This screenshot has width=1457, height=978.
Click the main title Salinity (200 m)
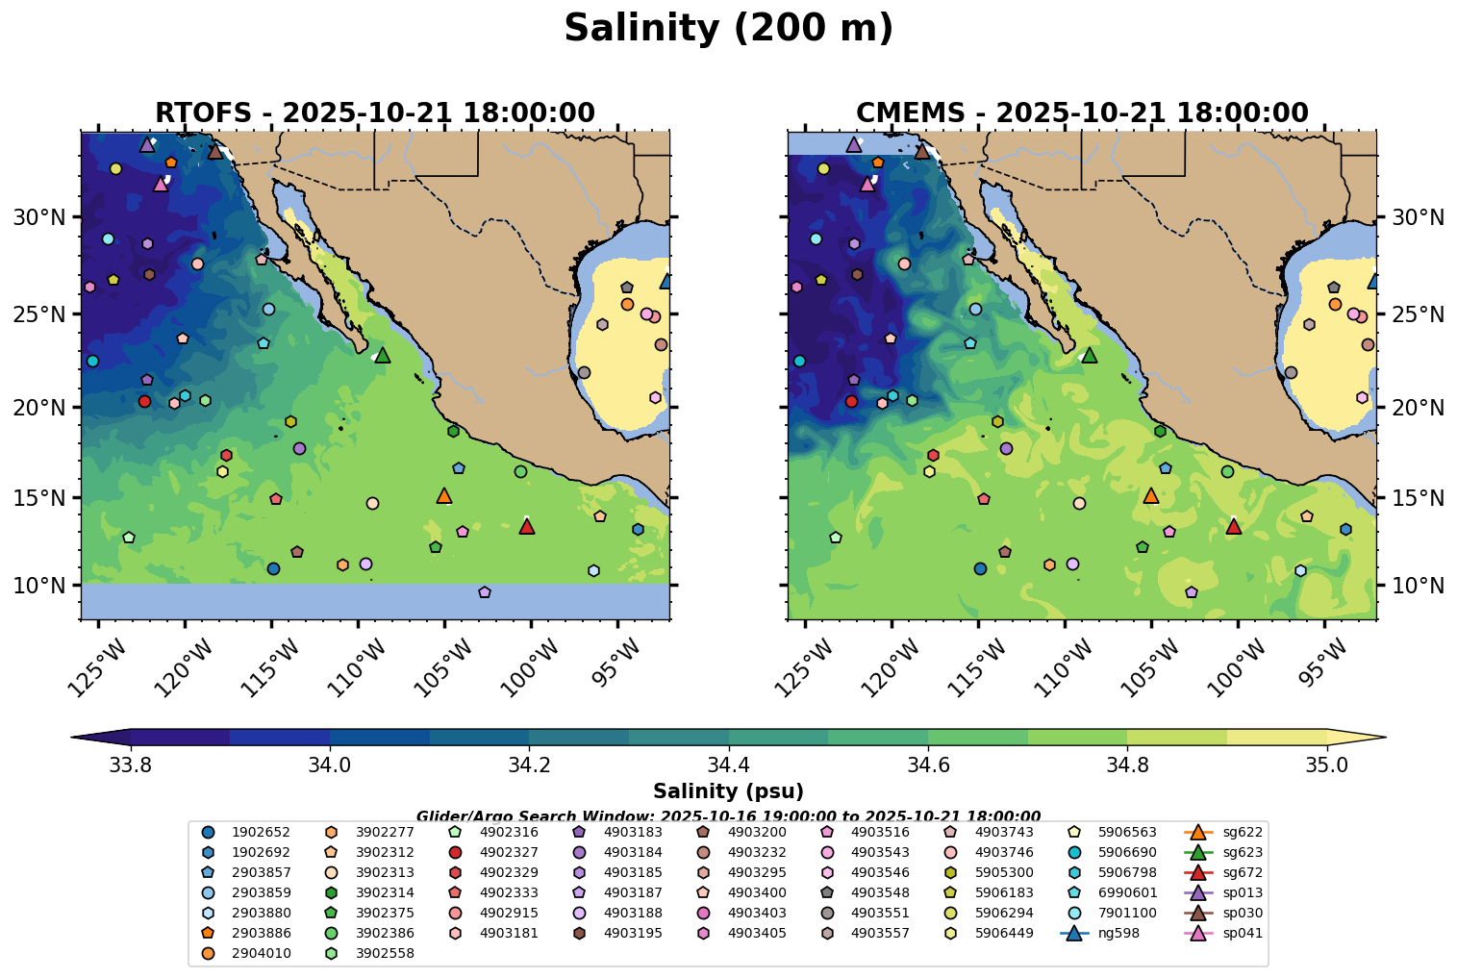click(728, 29)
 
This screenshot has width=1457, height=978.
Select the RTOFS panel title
click(375, 113)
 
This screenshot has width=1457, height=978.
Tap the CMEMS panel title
click(1082, 113)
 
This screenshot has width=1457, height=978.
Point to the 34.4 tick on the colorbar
click(729, 765)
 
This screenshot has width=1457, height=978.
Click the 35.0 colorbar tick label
click(1326, 765)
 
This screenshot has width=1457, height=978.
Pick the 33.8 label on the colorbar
click(131, 765)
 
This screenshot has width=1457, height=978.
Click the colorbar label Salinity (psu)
click(728, 791)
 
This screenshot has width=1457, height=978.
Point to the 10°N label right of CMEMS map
click(1418, 586)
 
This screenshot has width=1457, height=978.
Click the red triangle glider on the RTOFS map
click(526, 526)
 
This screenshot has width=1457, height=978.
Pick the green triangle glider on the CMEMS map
click(1090, 355)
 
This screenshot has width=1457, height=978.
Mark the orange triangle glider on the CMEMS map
click(1151, 495)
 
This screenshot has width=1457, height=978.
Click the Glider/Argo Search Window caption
click(728, 815)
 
